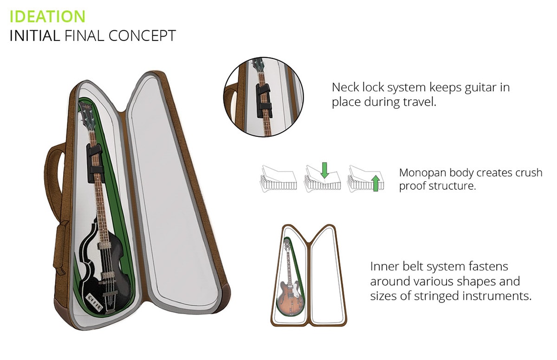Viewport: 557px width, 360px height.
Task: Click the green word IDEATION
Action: [x=47, y=16]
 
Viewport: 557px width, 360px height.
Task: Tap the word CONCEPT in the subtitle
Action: [x=142, y=36]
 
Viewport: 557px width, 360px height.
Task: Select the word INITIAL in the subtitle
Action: [x=35, y=36]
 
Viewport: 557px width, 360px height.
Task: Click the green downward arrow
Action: [x=324, y=170]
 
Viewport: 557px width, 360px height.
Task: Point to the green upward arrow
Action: [x=376, y=183]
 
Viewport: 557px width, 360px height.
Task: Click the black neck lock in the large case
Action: [x=95, y=163]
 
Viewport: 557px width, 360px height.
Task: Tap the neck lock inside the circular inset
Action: [x=264, y=101]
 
